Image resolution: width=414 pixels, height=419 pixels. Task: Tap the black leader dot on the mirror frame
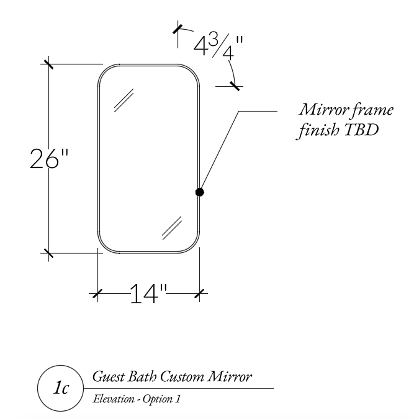(199, 192)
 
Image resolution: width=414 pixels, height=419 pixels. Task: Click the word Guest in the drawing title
(107, 377)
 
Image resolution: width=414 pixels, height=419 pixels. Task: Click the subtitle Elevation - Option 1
(137, 399)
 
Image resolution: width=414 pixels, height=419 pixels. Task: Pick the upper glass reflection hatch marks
(125, 100)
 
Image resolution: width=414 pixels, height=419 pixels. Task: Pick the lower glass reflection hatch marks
(171, 227)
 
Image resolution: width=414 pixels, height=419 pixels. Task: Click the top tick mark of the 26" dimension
(48, 64)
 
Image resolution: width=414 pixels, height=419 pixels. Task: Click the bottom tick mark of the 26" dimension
(48, 252)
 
